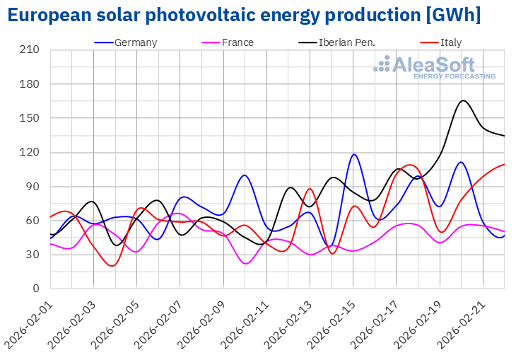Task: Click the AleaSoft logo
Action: click(x=435, y=67)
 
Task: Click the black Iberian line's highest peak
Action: click(x=463, y=100)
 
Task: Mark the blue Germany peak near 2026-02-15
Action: click(x=354, y=154)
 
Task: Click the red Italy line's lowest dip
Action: click(x=113, y=266)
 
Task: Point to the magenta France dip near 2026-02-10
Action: click(x=246, y=263)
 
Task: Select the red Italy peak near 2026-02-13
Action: click(x=310, y=189)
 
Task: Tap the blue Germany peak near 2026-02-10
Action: click(x=244, y=175)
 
